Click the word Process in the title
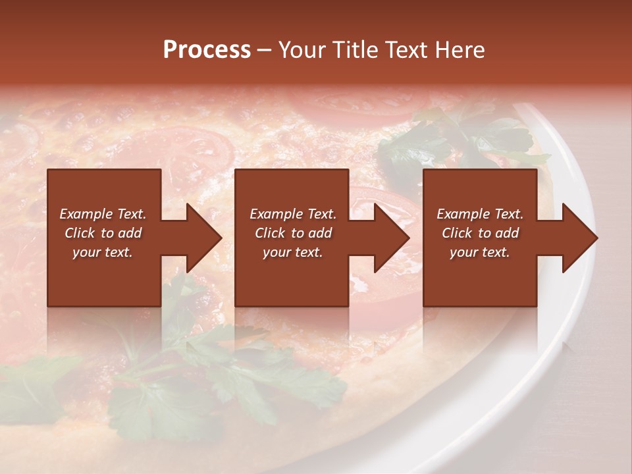(x=207, y=50)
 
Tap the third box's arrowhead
(x=579, y=238)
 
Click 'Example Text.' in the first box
(x=103, y=214)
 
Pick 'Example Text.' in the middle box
(x=292, y=214)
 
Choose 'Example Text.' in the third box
(x=480, y=214)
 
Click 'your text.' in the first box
(x=103, y=252)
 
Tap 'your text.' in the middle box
(x=292, y=252)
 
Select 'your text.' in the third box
(x=480, y=252)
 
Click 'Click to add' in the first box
(x=103, y=233)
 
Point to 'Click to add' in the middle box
(x=292, y=233)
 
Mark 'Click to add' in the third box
(x=480, y=233)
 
